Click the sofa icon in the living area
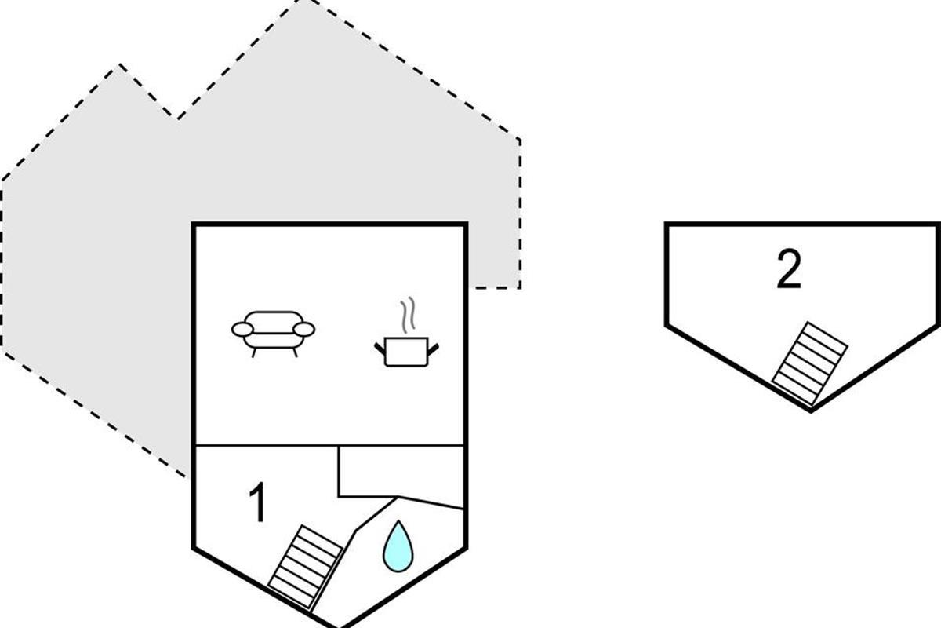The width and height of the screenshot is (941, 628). click(x=273, y=334)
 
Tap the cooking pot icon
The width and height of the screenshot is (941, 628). click(x=406, y=352)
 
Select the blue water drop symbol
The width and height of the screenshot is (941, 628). click(x=398, y=546)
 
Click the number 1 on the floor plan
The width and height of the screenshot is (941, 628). click(x=257, y=502)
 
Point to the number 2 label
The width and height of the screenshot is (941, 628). click(x=789, y=269)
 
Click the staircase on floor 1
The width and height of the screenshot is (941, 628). click(x=305, y=567)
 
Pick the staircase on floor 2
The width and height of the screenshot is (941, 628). click(x=809, y=363)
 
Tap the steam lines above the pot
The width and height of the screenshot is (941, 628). click(x=408, y=315)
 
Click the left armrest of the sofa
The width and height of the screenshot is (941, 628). click(x=242, y=330)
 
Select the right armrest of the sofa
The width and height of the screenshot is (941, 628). click(x=303, y=330)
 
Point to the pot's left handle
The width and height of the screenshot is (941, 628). click(x=380, y=349)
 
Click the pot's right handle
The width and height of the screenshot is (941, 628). click(x=433, y=349)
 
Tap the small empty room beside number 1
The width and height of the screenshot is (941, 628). click(x=401, y=471)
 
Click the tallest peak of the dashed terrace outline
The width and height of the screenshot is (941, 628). click(x=305, y=1)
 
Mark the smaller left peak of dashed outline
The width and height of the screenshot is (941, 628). click(x=120, y=64)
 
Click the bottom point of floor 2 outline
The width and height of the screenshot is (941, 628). click(x=811, y=411)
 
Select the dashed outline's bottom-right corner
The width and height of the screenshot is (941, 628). click(x=520, y=288)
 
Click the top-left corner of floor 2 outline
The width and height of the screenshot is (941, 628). click(x=667, y=225)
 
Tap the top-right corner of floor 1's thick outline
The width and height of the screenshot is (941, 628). click(x=466, y=225)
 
